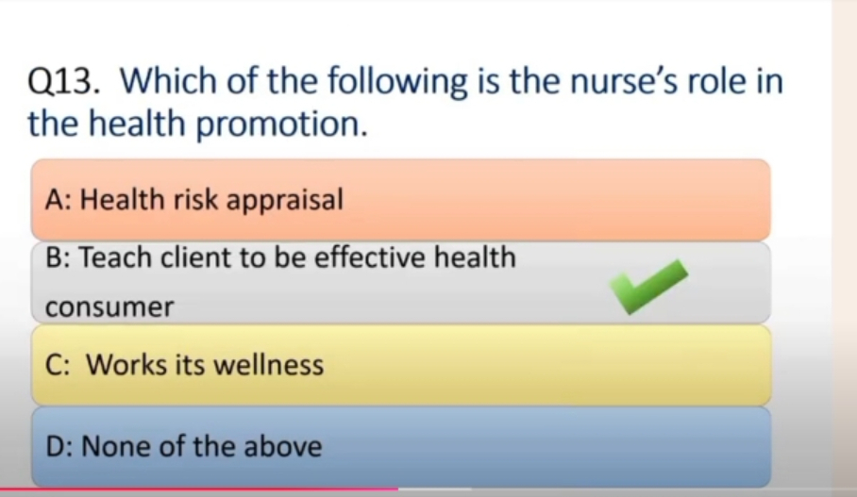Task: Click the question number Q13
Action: pyautogui.click(x=64, y=82)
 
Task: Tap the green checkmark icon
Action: pyautogui.click(x=648, y=286)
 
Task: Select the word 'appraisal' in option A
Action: pyautogui.click(x=285, y=201)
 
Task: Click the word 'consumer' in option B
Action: pyautogui.click(x=109, y=307)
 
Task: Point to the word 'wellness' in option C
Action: pyautogui.click(x=268, y=364)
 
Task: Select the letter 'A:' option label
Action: pyautogui.click(x=59, y=200)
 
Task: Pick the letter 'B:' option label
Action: pyautogui.click(x=58, y=257)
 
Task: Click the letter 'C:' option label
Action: pyautogui.click(x=58, y=365)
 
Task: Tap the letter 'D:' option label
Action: pyautogui.click(x=59, y=446)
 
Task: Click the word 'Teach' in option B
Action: pyautogui.click(x=115, y=257)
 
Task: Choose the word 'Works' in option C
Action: pyautogui.click(x=126, y=364)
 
